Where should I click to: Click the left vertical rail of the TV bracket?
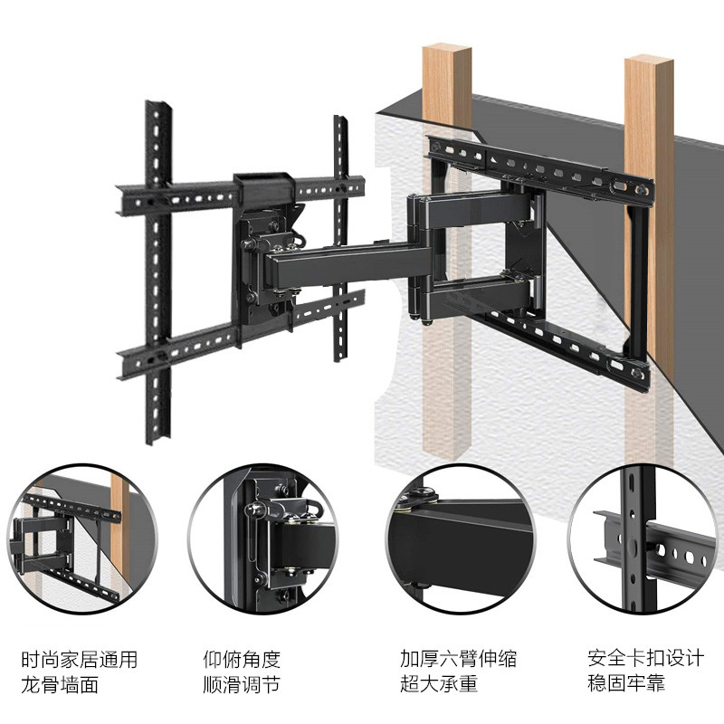158,271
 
